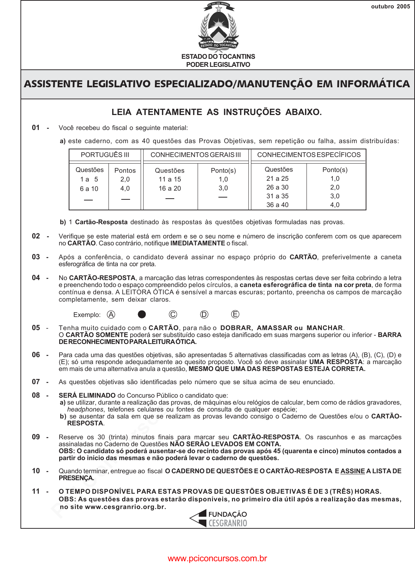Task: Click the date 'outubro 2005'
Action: pos(391,7)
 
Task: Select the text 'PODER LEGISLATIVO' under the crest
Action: pos(218,65)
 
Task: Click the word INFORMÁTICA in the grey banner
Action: pos(373,84)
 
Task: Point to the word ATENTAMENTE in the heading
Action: pos(169,112)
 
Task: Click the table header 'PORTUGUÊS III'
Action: pos(105,155)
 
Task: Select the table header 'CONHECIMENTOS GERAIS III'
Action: pos(195,155)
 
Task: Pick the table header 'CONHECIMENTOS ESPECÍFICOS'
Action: pos(309,155)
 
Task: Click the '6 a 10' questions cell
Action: pos(89,189)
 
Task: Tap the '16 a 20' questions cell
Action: pos(170,188)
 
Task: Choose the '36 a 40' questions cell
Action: pos(277,205)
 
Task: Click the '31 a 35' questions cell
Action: pos(277,196)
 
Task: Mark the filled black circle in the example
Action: pos(142,314)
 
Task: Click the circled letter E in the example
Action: pos(235,314)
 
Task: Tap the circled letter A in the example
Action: pos(111,314)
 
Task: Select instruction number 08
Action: pos(36,395)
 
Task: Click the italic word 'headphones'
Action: pos(85,409)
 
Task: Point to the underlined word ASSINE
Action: pos(353,471)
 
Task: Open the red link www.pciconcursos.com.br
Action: pos(217,559)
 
